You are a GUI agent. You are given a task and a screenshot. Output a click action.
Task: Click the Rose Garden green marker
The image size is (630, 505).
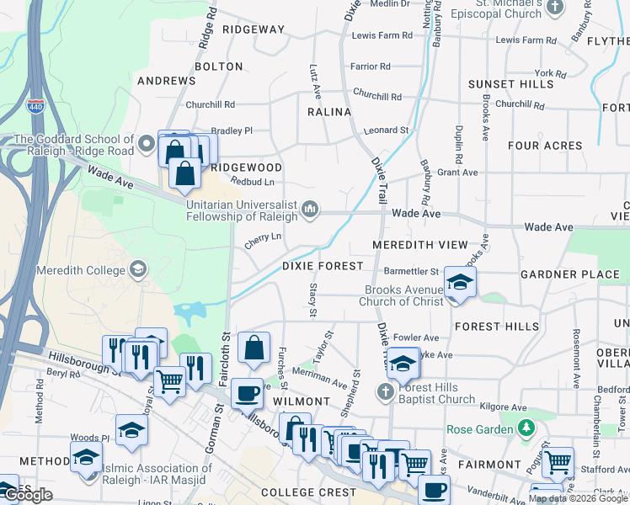click(x=527, y=429)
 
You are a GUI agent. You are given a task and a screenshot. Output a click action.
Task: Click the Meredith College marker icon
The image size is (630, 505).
click(x=137, y=269)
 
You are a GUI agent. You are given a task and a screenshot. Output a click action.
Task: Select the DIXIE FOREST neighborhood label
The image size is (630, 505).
click(x=323, y=266)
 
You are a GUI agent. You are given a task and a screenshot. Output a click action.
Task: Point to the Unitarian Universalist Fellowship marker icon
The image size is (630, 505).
click(x=310, y=208)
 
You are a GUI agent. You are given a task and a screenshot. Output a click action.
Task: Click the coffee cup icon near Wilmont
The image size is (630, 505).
click(x=247, y=391)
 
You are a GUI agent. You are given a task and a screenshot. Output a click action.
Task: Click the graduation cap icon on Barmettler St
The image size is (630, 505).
click(x=460, y=283)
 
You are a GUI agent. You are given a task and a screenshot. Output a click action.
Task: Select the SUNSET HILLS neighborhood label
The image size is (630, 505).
click(x=510, y=84)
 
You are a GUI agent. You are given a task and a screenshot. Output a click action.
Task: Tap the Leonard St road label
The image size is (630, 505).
click(x=386, y=130)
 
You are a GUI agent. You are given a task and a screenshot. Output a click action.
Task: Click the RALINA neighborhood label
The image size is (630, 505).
click(x=328, y=112)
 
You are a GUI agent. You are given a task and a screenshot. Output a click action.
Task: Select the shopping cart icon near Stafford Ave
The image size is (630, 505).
click(x=558, y=460)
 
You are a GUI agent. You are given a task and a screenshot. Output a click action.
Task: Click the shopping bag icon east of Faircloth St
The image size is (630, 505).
click(x=254, y=348)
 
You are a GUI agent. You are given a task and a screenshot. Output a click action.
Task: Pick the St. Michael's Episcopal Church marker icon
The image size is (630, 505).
click(x=554, y=8)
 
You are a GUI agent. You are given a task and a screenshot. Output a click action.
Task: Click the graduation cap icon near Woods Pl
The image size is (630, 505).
click(x=132, y=430)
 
